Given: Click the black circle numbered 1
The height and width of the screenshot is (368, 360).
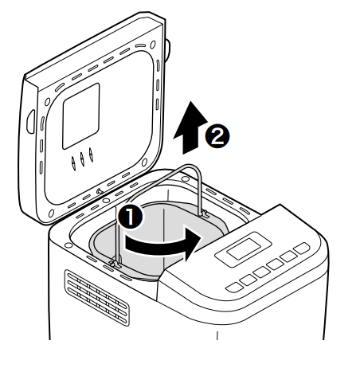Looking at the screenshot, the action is [130, 217].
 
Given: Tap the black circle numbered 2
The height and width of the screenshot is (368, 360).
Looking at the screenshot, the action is [217, 136].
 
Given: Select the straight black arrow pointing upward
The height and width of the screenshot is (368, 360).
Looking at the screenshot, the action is [190, 128].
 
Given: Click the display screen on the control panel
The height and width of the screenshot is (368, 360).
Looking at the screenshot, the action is [244, 249].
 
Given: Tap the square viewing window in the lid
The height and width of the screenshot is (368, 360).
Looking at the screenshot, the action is [81, 116].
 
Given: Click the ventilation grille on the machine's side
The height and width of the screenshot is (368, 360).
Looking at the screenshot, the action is [97, 297].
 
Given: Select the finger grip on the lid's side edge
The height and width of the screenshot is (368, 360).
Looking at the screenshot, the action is [30, 122].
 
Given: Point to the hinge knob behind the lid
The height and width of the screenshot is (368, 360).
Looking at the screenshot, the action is [167, 50].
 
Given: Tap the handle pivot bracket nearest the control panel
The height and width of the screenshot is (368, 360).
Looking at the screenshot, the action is [204, 213].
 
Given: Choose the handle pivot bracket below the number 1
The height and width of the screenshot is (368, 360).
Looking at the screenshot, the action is [115, 263].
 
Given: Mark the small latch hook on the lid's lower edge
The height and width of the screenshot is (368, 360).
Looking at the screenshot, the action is [100, 191].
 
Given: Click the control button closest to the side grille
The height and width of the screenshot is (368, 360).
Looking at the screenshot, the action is [234, 288].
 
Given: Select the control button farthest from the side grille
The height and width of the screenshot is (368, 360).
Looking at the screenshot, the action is [302, 249].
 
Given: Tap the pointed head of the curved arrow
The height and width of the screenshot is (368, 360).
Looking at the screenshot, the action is [194, 244].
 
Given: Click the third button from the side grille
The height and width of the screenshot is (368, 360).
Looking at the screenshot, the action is [261, 272].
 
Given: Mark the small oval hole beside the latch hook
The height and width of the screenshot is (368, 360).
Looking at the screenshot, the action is [106, 201].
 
